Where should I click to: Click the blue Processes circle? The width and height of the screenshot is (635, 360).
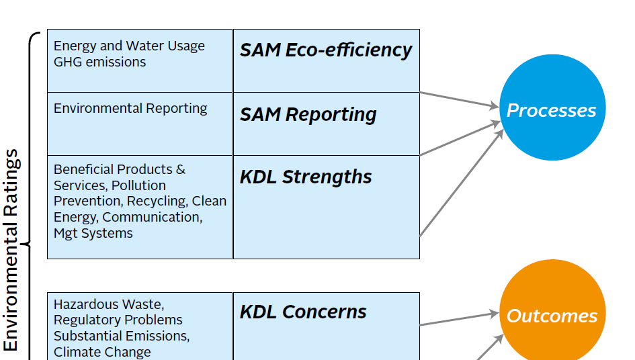pos(552,107)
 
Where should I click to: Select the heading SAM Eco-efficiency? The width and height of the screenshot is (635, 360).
pos(326,51)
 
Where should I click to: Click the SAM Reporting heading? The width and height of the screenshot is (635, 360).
pos(308,115)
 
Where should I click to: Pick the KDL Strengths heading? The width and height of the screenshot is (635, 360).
pos(306,177)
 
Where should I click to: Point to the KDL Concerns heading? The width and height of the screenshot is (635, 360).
pos(303,312)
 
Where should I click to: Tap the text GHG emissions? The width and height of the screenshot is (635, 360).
pos(99,62)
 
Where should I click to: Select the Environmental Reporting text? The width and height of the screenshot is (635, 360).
pos(130,109)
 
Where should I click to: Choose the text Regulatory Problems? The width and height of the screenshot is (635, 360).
pos(118,320)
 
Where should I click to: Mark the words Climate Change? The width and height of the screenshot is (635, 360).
pos(102,352)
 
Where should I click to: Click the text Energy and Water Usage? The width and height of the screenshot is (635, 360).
pos(129,46)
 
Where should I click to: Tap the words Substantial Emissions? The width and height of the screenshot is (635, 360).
pos(122,336)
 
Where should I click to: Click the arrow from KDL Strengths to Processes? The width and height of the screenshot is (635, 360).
pos(461,183)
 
